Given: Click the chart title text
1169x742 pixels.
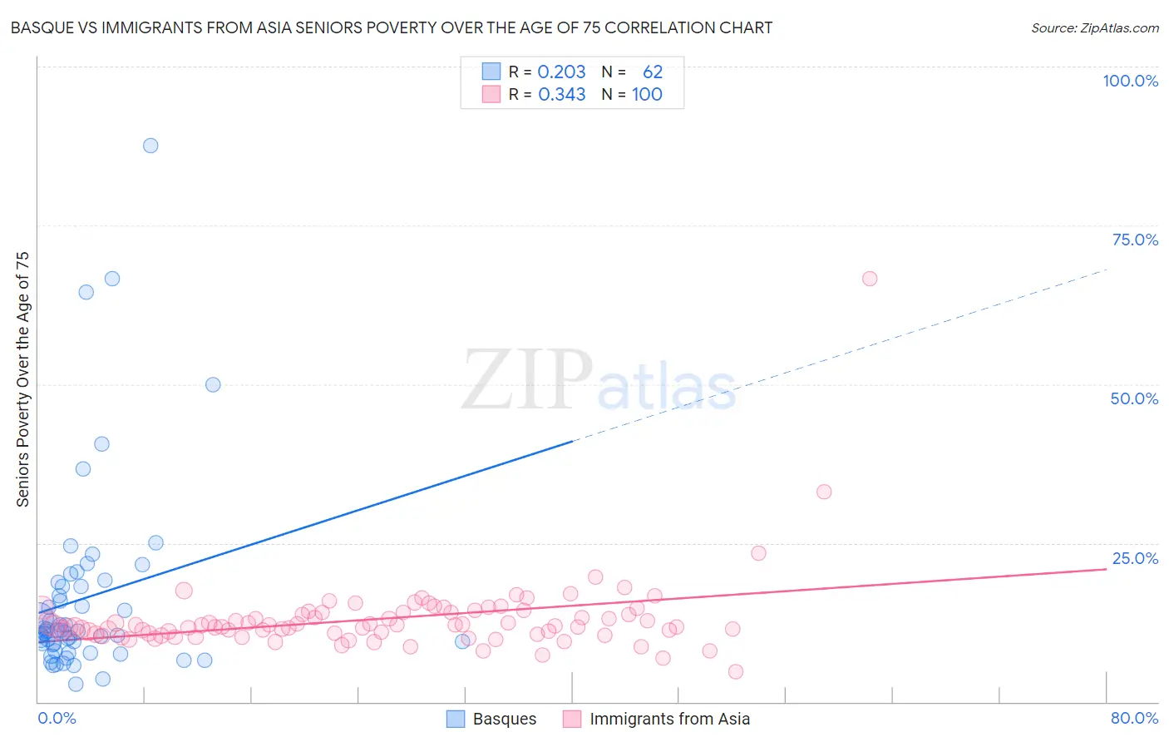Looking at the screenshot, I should [392, 27].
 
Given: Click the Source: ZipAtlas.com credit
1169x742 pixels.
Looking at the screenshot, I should [1094, 27].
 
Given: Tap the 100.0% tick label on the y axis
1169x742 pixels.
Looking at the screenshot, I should [1130, 81].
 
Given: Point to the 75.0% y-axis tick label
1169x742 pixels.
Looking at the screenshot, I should [1135, 240].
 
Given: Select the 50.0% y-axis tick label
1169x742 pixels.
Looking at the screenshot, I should [1134, 398].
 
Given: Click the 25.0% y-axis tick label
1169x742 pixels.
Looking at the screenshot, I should [1135, 558].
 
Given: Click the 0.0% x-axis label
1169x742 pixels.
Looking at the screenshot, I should [57, 718].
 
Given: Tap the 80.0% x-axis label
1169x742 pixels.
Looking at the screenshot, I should [1134, 718].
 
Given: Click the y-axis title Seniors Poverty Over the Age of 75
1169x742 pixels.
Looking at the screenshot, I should [22, 378].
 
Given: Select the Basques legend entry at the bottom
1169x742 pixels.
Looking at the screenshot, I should [491, 719].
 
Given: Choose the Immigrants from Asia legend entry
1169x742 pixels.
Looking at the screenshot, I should [656, 719].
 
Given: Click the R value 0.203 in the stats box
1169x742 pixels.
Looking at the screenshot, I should [561, 72].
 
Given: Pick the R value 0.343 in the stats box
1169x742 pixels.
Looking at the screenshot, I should [561, 94].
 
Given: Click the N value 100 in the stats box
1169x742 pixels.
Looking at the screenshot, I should [647, 94].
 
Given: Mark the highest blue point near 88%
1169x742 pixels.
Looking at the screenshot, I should [150, 146].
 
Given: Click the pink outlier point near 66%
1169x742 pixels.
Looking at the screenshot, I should [870, 279].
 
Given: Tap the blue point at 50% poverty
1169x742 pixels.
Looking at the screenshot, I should [213, 384].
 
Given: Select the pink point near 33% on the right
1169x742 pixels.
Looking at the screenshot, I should [824, 492].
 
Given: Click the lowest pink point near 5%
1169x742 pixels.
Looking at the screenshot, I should [735, 671].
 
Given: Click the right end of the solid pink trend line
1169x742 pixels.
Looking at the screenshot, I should [1106, 569].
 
